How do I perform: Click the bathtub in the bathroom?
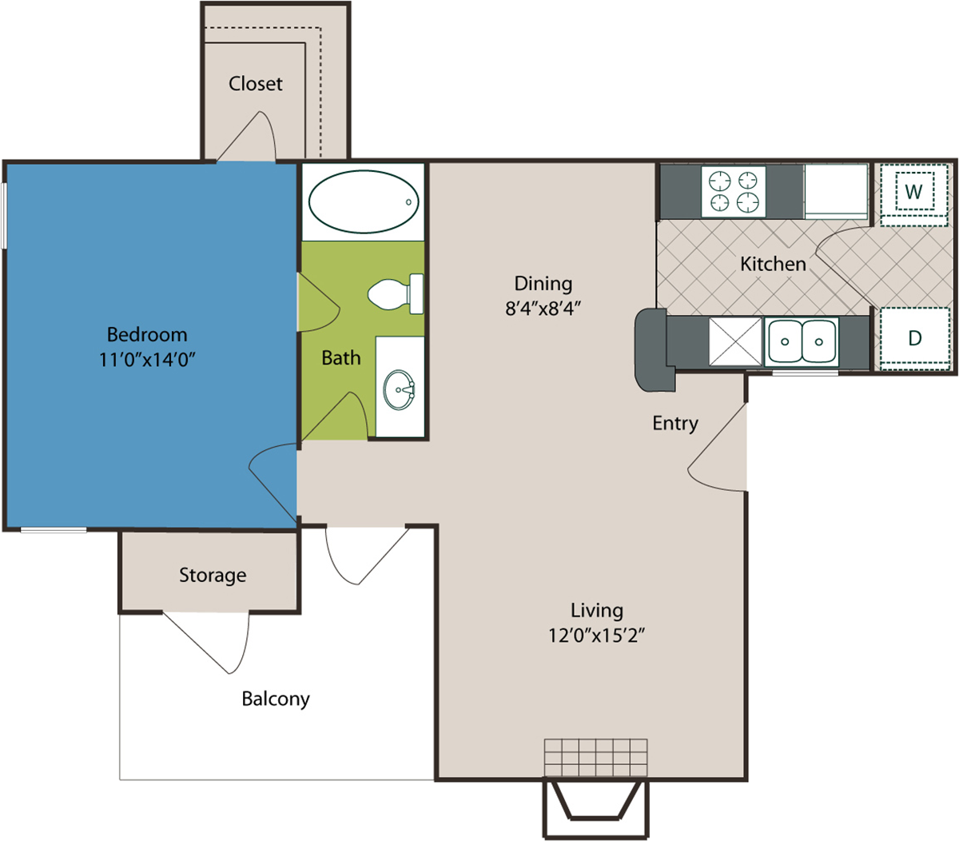coord(364,201)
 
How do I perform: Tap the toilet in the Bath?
coord(396,294)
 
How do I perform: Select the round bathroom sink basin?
coord(399,389)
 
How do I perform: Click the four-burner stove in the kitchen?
coord(733,192)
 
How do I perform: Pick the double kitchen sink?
coord(802,341)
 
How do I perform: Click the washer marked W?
coord(913,191)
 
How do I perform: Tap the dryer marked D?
coord(914,338)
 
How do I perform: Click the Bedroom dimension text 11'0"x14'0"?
coord(147,360)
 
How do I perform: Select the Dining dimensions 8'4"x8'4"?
coord(543,309)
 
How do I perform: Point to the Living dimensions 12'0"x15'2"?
coord(596,635)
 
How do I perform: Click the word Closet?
coord(256,84)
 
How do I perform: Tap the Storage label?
coord(213,576)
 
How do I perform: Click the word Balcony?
coord(276,699)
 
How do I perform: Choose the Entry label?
coord(675,424)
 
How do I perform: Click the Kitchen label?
coord(773,264)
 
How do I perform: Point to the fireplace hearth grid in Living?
coord(595,758)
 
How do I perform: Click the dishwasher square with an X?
coord(735,341)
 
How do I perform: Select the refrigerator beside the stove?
coord(836,192)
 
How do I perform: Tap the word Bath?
coord(340,358)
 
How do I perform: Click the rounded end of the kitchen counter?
coord(651,350)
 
